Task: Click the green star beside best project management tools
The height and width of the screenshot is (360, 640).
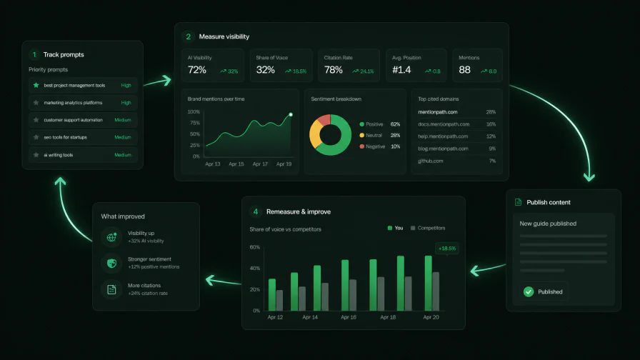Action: pyautogui.click(x=36, y=85)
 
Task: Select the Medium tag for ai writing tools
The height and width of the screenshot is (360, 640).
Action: pyautogui.click(x=123, y=155)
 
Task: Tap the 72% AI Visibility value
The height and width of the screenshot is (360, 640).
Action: pyautogui.click(x=196, y=70)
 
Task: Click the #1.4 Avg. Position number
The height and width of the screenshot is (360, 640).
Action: pyautogui.click(x=401, y=70)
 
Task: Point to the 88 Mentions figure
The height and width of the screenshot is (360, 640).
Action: pyautogui.click(x=464, y=70)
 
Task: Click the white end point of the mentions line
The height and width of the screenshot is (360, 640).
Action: pyautogui.click(x=291, y=115)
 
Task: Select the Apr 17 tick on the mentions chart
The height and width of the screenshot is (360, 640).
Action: pyautogui.click(x=260, y=164)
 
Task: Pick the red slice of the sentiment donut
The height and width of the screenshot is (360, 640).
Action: pyautogui.click(x=324, y=120)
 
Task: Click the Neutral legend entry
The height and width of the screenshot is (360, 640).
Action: pyautogui.click(x=371, y=136)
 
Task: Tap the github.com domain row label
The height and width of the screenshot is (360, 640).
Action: pyautogui.click(x=430, y=161)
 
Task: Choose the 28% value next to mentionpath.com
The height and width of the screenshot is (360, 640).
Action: pyautogui.click(x=491, y=112)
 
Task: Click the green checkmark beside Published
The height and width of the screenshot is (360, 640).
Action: pyautogui.click(x=529, y=291)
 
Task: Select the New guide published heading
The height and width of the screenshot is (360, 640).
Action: pyautogui.click(x=548, y=224)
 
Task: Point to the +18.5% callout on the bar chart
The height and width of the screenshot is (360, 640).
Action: pyautogui.click(x=447, y=248)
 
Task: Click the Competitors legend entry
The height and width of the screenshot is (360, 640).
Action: pyautogui.click(x=428, y=228)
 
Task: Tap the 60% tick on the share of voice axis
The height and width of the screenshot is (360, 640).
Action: pyautogui.click(x=255, y=247)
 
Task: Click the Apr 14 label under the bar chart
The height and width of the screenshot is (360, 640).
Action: pyautogui.click(x=310, y=317)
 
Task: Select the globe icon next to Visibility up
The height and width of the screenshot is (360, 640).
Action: pyautogui.click(x=111, y=236)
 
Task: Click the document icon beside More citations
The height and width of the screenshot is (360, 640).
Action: pyautogui.click(x=111, y=289)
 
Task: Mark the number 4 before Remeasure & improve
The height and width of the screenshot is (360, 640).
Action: pyautogui.click(x=256, y=211)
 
